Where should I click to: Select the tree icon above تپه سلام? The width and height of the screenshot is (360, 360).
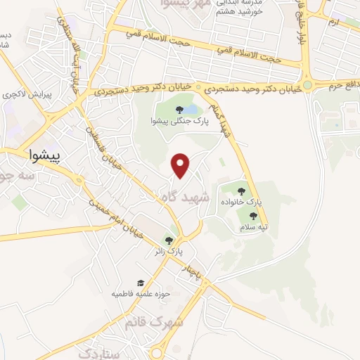point(253,216)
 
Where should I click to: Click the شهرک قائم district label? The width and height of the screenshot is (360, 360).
point(153,323)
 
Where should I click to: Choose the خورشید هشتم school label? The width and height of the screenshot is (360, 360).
point(240,12)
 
